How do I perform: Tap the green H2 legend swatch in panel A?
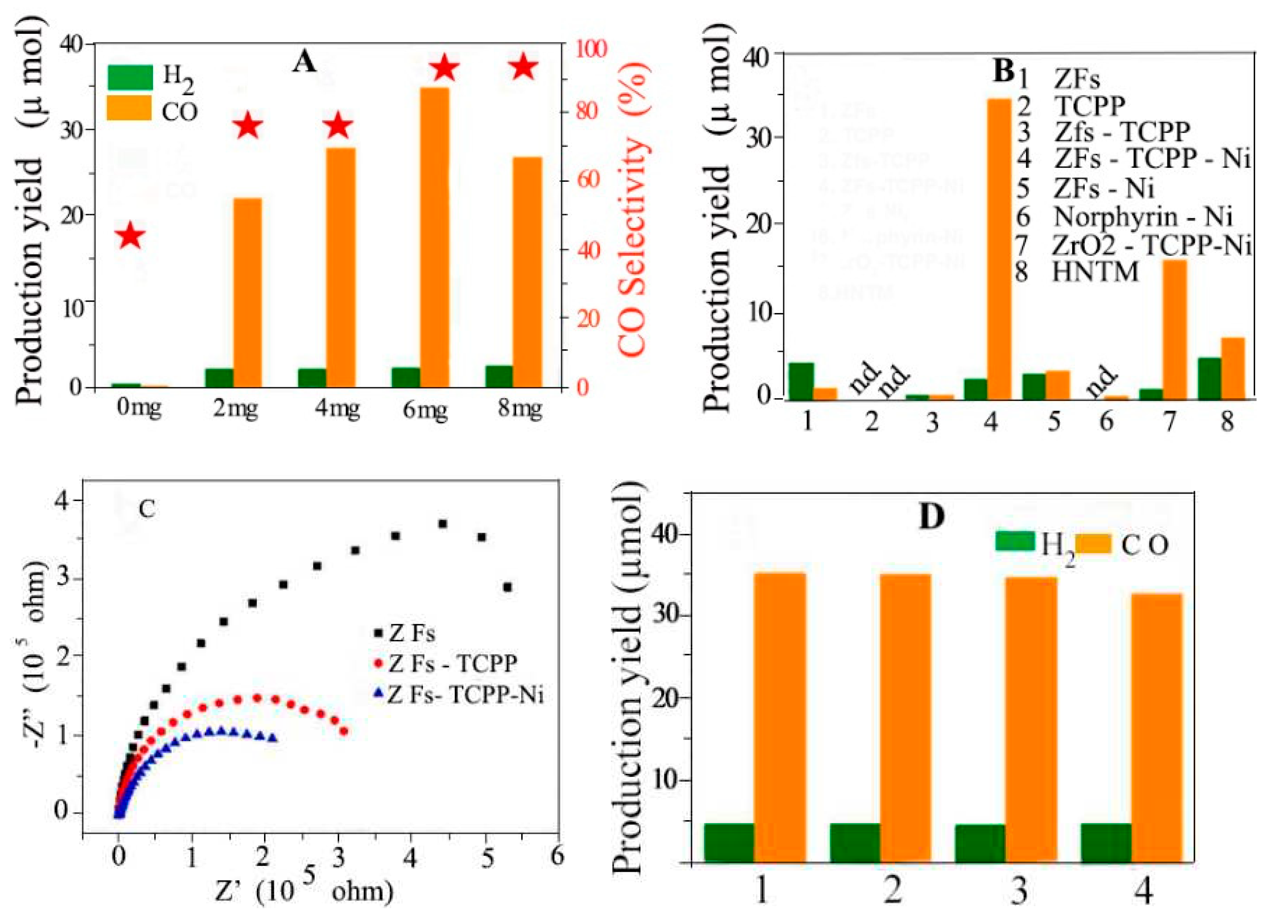coord(129,78)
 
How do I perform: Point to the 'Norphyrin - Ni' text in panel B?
coord(1143,216)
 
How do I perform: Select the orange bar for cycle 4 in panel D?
coord(1157,728)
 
